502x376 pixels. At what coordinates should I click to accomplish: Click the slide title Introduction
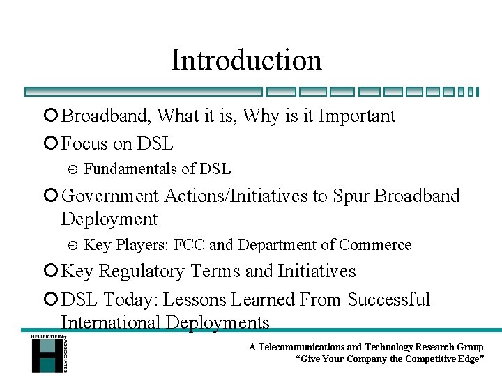pyautogui.click(x=246, y=60)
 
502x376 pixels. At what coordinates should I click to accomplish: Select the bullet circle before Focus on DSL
pyautogui.click(x=53, y=144)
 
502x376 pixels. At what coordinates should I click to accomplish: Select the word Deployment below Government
pyautogui.click(x=109, y=219)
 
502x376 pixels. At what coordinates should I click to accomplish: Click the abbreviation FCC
pyautogui.click(x=189, y=245)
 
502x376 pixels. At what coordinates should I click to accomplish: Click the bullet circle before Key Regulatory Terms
pyautogui.click(x=53, y=272)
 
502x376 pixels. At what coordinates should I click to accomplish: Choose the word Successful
pyautogui.click(x=388, y=300)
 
